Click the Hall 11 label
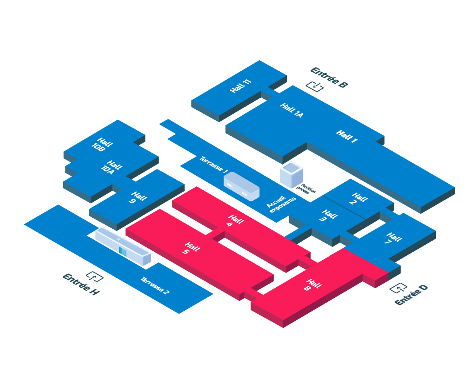[x=240, y=86]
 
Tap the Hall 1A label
[x=292, y=111]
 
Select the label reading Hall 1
[x=346, y=136]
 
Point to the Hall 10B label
[x=102, y=145]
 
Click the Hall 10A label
[x=111, y=167]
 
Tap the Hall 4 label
[x=233, y=220]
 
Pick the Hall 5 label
[x=190, y=248]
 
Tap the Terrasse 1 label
[x=213, y=165]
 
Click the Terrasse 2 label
[x=154, y=286]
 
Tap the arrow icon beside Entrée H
[x=94, y=276]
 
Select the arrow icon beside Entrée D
[x=398, y=288]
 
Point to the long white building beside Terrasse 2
[x=123, y=246]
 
